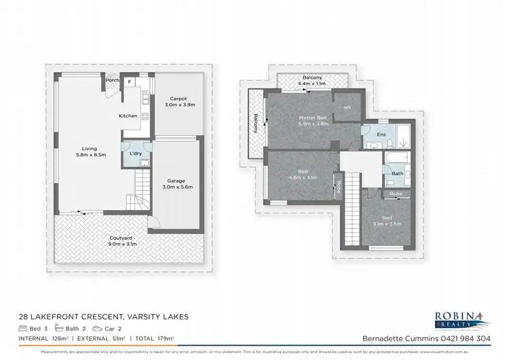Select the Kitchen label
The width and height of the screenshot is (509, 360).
(128, 116)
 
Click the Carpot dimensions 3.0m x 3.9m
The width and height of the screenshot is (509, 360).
(179, 105)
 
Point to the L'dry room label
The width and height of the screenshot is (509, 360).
(135, 154)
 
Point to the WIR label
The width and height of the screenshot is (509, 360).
(347, 108)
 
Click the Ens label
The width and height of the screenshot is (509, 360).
(381, 135)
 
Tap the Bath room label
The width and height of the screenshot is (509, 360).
(396, 174)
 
